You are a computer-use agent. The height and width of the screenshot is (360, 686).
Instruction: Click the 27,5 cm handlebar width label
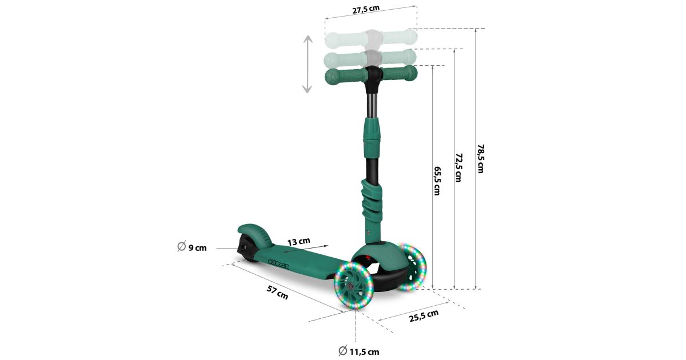point(366,10)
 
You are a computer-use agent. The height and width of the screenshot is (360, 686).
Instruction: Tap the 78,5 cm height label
point(481,159)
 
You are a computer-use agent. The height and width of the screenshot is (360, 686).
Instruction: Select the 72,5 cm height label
point(458,168)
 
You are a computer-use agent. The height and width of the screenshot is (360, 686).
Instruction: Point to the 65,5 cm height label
point(437,181)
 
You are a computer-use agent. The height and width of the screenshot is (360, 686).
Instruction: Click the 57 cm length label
point(277,293)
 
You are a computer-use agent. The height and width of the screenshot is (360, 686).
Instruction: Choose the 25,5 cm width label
point(424,316)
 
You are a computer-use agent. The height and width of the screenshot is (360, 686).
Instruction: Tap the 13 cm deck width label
point(298,242)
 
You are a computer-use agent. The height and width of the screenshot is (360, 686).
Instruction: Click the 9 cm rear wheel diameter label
point(192,247)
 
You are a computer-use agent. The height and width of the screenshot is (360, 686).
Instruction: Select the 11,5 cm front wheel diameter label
point(359,351)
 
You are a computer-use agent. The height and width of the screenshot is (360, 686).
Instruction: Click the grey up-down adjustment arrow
point(308,64)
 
